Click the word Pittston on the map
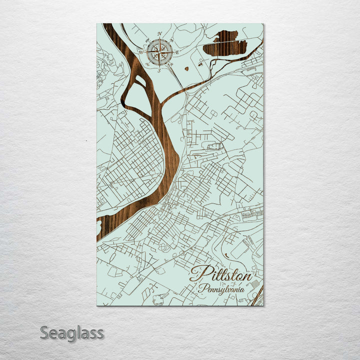(221, 274)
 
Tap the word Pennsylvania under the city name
(220, 289)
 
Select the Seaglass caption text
(71, 333)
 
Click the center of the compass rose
(160, 51)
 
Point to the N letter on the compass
(160, 33)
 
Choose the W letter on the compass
(141, 51)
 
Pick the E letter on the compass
(178, 51)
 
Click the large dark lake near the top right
(225, 45)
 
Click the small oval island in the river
(140, 80)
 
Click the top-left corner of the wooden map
(97, 24)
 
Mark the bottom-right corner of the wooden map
(263, 305)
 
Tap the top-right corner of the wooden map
(263, 24)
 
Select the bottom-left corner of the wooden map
(97, 305)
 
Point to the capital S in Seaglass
(44, 332)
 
